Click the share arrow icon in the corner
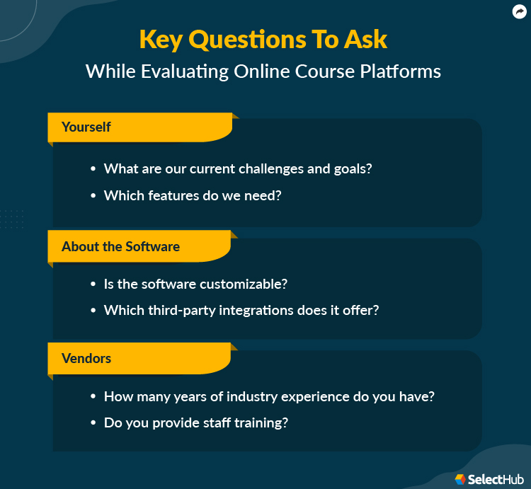[520, 11]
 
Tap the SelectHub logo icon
[460, 479]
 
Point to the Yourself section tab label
[86, 127]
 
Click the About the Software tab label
[120, 246]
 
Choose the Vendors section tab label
[86, 358]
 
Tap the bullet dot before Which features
[93, 196]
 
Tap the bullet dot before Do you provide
[93, 423]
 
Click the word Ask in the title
[365, 39]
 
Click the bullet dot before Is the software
[93, 284]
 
